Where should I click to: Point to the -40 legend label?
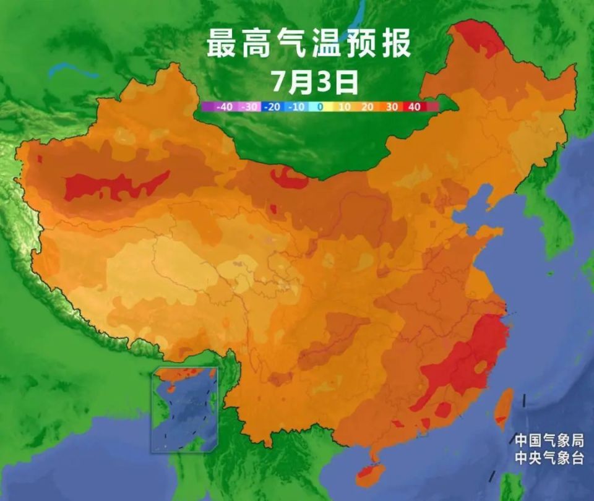coord(225,107)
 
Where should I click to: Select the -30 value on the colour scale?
coord(249,107)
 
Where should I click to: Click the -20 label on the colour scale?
coord(273,107)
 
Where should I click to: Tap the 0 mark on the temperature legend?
coord(320,107)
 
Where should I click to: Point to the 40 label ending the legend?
coord(414,107)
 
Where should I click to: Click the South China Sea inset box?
coord(185,408)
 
